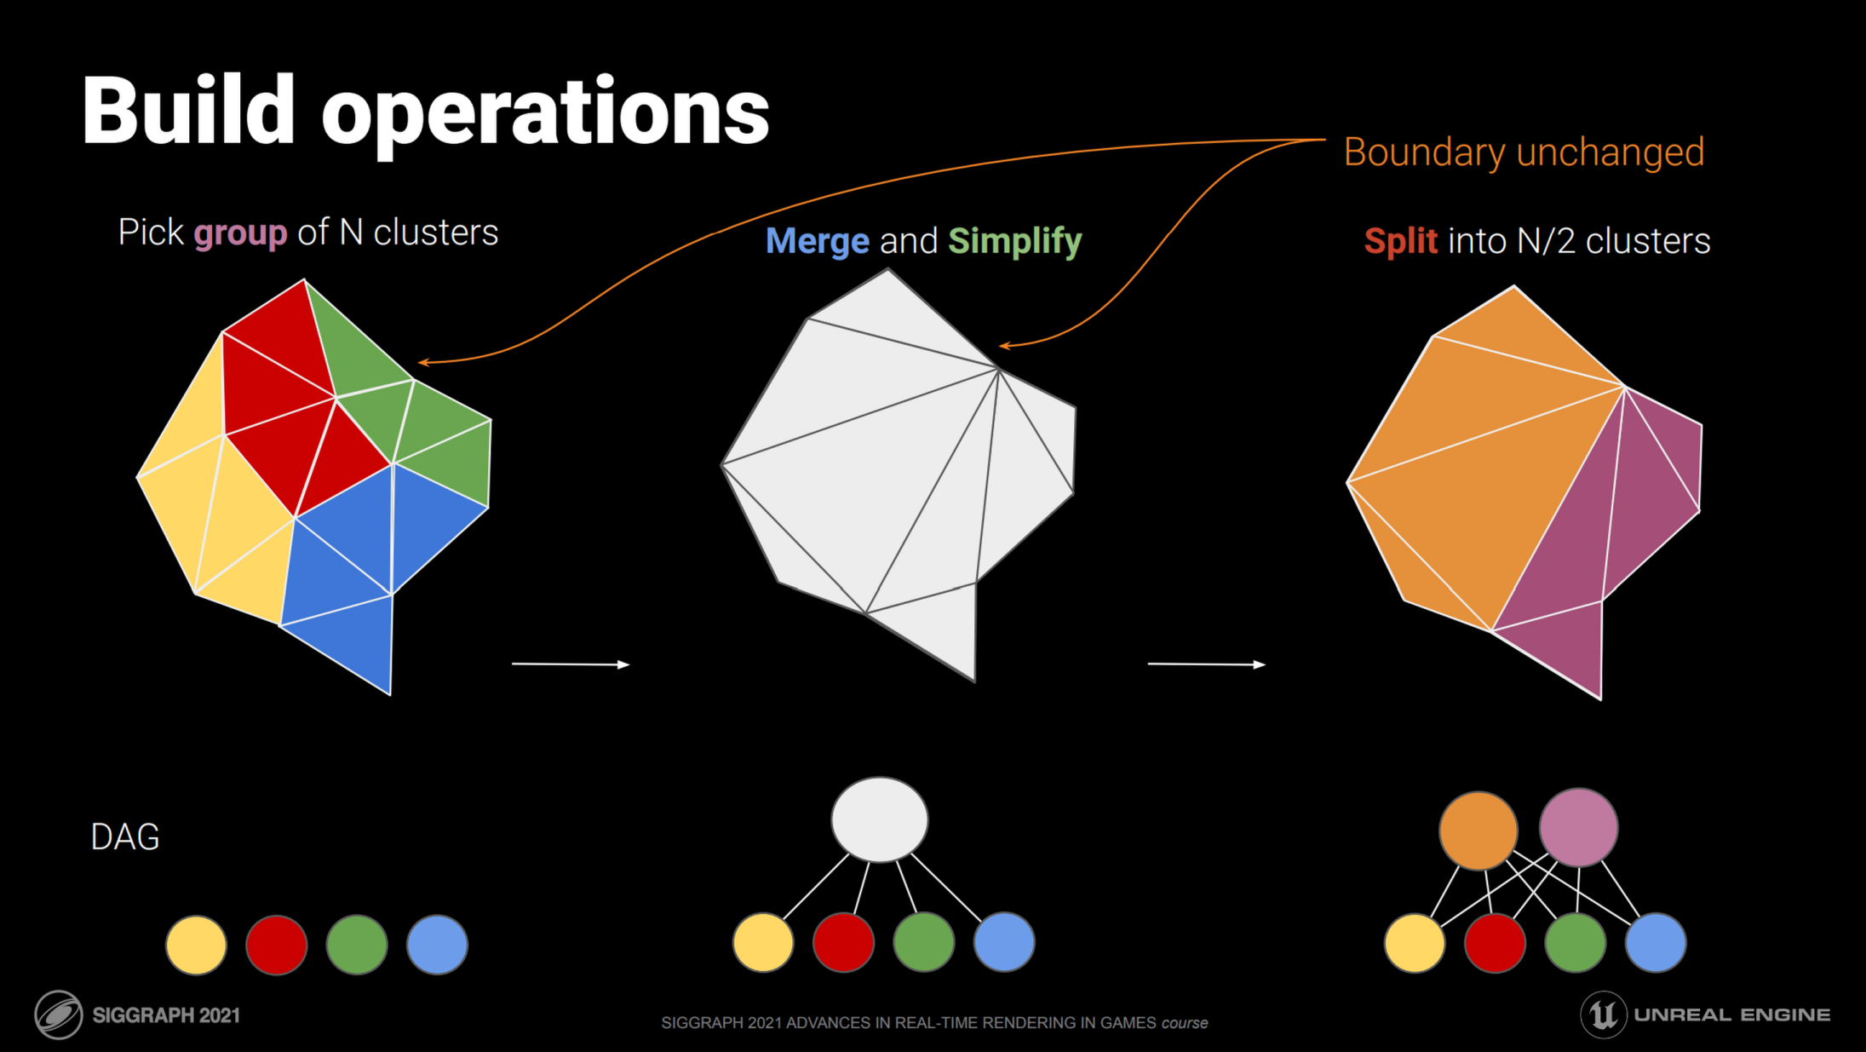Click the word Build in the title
pyautogui.click(x=188, y=111)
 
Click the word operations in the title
pyautogui.click(x=545, y=115)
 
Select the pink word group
pyautogui.click(x=240, y=233)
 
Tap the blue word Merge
pyautogui.click(x=817, y=241)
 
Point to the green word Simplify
pyautogui.click(x=1014, y=241)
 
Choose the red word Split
pyautogui.click(x=1400, y=241)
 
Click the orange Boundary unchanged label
pyautogui.click(x=1524, y=152)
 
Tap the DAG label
pyautogui.click(x=125, y=837)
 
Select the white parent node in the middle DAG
pyautogui.click(x=879, y=819)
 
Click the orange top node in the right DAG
pyautogui.click(x=1478, y=830)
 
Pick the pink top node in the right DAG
pyautogui.click(x=1578, y=827)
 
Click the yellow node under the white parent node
pyautogui.click(x=763, y=942)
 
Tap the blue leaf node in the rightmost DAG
pyautogui.click(x=1655, y=943)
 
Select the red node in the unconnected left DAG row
pyautogui.click(x=276, y=945)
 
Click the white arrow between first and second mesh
pyautogui.click(x=570, y=664)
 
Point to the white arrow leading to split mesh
pyautogui.click(x=1206, y=664)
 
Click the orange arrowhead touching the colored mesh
pyautogui.click(x=423, y=363)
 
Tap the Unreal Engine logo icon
pyautogui.click(x=1603, y=1015)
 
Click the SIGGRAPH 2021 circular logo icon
pyautogui.click(x=58, y=1015)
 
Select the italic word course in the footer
pyautogui.click(x=1185, y=1023)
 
